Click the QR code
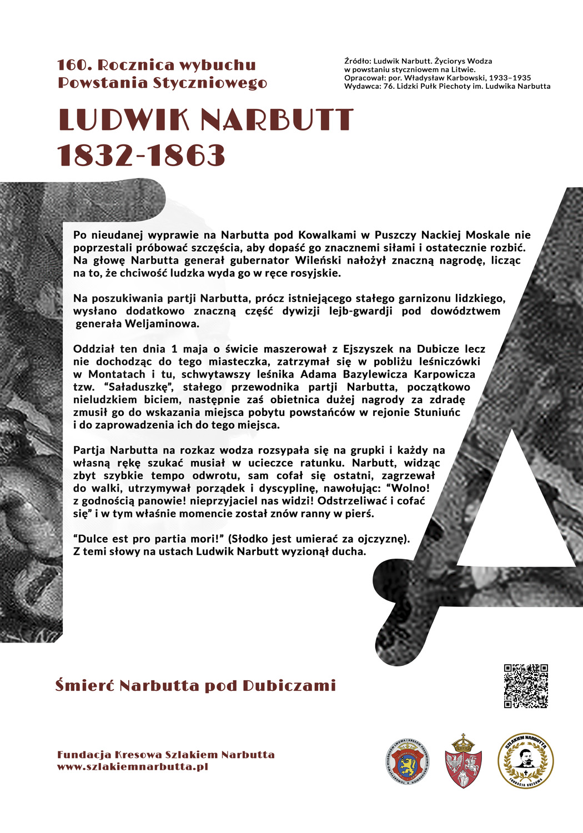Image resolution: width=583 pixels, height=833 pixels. tap(526, 686)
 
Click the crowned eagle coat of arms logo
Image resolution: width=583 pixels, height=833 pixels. tap(464, 761)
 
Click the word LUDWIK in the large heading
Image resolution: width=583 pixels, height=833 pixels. tap(123, 120)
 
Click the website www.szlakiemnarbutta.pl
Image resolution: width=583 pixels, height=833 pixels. tap(132, 767)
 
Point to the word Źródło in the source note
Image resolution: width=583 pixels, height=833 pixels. tap(357, 61)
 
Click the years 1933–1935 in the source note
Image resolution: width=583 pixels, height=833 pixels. tap(510, 78)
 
